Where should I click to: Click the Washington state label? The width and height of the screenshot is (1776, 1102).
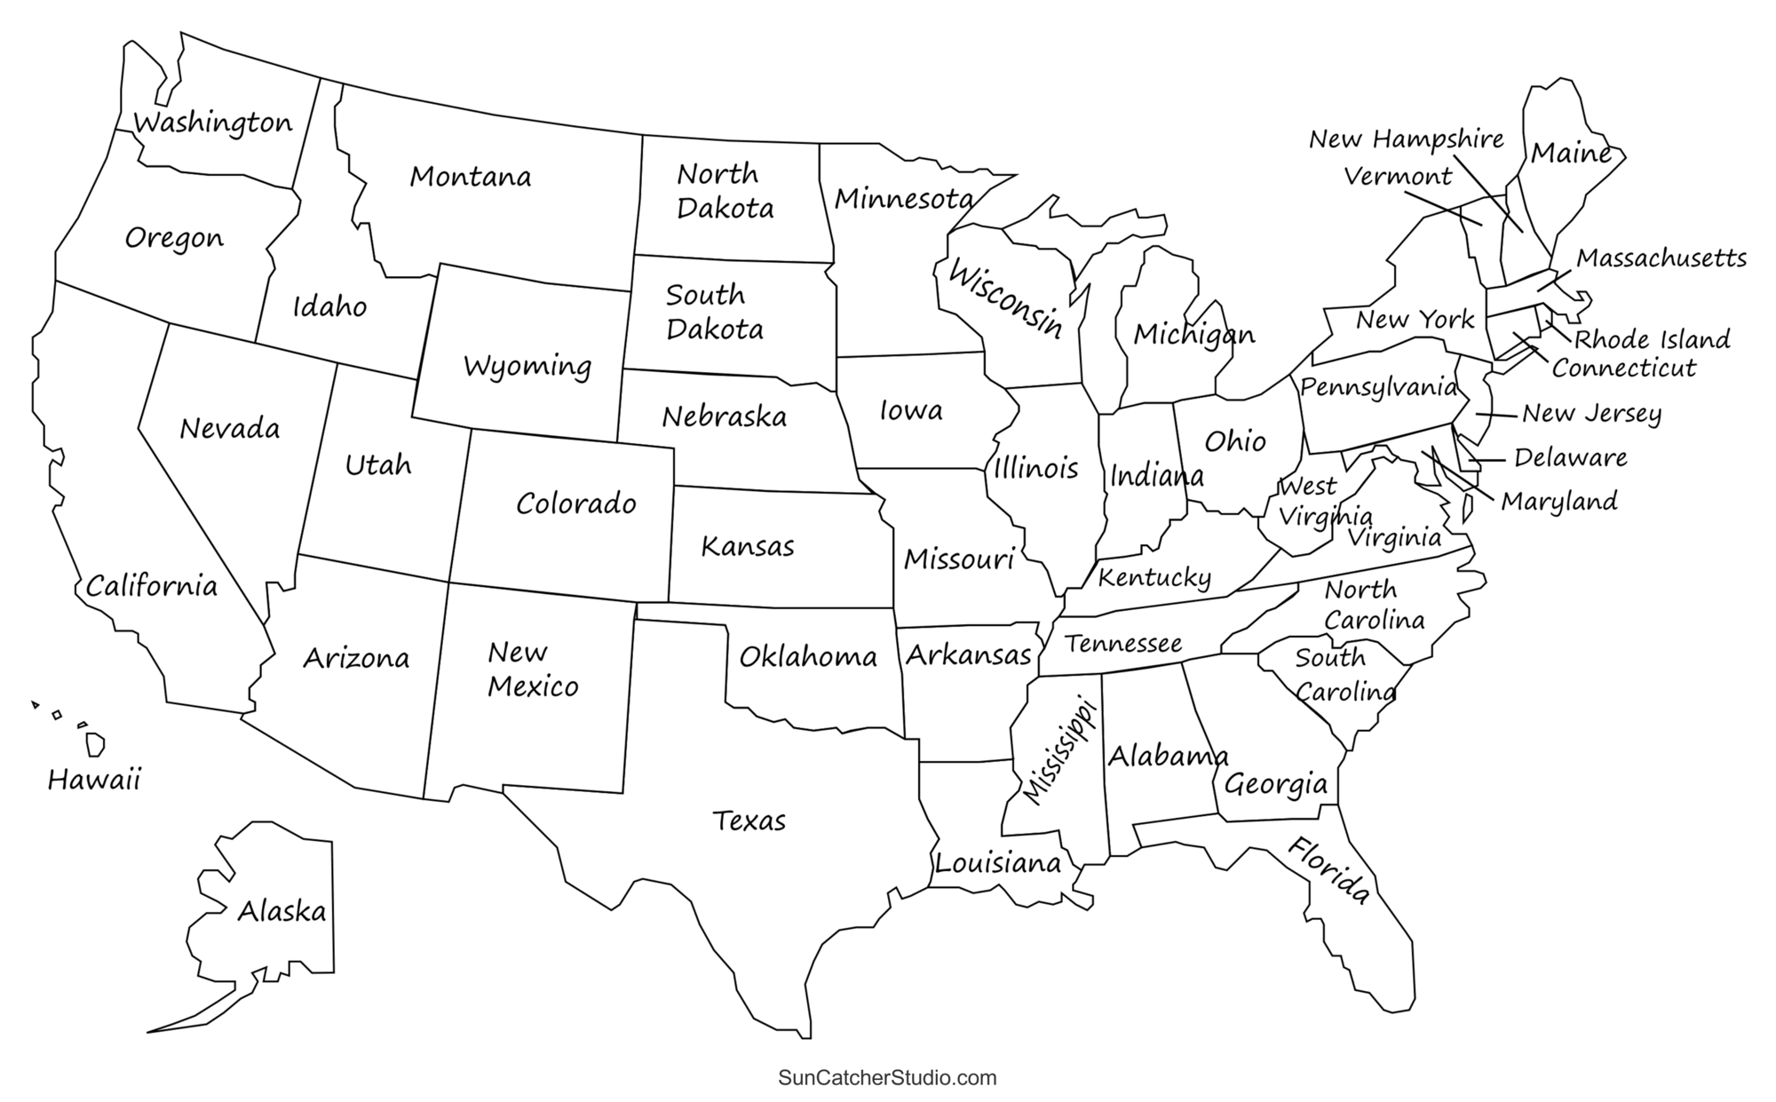(212, 123)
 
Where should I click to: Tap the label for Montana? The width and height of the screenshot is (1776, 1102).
(470, 177)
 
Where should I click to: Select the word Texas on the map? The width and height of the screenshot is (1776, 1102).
(749, 821)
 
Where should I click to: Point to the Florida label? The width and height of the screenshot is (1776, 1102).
(1328, 870)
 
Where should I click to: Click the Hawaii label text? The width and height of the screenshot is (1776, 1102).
(94, 781)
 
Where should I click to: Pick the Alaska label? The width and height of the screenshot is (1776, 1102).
(281, 911)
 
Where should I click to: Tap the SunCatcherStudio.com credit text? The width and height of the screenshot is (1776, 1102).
(887, 1078)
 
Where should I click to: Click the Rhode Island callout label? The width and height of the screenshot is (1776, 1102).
(1652, 339)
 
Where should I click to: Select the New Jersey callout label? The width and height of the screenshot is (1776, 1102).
(1591, 414)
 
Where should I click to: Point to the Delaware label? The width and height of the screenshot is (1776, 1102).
(1570, 458)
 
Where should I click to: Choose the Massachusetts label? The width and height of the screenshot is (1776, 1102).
(1661, 258)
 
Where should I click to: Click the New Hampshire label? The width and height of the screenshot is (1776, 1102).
(1407, 139)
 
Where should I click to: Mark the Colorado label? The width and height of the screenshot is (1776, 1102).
(576, 503)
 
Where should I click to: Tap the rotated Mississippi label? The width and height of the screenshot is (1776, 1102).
(1060, 751)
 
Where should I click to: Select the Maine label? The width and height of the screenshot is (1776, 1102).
(1570, 153)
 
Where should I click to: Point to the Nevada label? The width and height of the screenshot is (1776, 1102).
(229, 429)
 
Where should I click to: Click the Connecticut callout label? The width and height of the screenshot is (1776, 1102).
(1624, 368)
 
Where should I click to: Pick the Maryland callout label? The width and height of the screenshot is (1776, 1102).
(1558, 502)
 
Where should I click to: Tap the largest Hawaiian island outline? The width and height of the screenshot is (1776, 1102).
(95, 744)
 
